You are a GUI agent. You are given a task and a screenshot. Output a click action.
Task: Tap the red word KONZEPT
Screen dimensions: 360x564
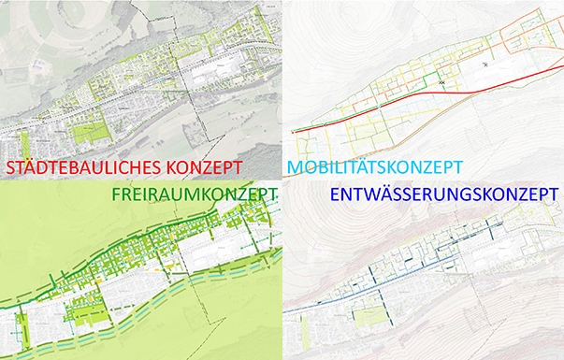click(x=202, y=169)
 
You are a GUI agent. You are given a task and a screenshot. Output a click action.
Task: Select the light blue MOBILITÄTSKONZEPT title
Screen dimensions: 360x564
click(x=375, y=168)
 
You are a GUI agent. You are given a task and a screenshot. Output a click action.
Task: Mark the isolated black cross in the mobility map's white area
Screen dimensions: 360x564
click(x=485, y=65)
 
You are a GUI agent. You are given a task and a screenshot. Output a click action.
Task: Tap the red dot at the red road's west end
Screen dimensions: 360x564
click(x=294, y=132)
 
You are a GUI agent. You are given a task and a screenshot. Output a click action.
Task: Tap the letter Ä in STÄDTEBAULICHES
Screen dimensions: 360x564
click(x=37, y=168)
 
